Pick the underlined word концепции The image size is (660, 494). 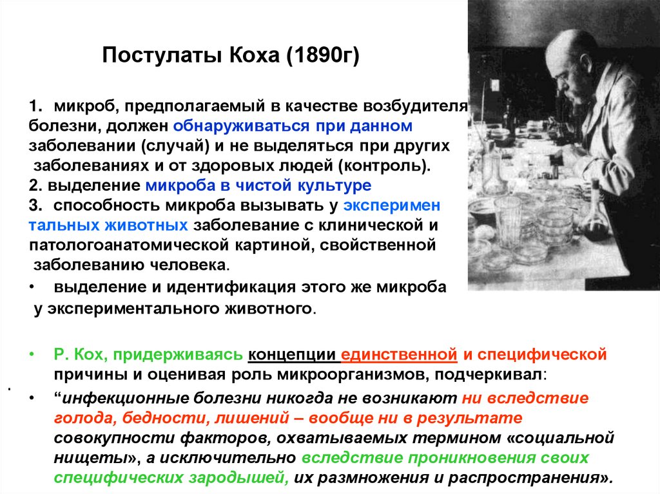294,355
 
